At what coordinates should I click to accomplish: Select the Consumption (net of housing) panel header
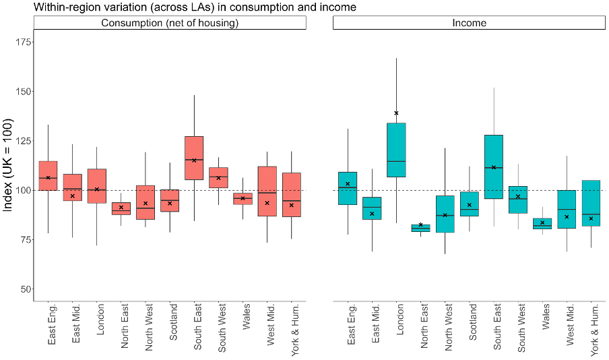pyautogui.click(x=170, y=23)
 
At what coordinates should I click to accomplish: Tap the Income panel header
pyautogui.click(x=469, y=23)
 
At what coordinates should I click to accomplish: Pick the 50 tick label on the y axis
pyautogui.click(x=25, y=289)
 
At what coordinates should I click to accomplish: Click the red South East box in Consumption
pyautogui.click(x=194, y=158)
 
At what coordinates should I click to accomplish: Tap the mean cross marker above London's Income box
pyautogui.click(x=396, y=113)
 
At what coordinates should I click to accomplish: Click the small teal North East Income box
pyautogui.click(x=420, y=228)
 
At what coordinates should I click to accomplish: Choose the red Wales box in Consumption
pyautogui.click(x=243, y=198)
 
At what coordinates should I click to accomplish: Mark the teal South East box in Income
pyautogui.click(x=494, y=167)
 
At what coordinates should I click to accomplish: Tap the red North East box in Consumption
pyautogui.click(x=121, y=208)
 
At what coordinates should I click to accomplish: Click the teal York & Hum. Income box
pyautogui.click(x=591, y=203)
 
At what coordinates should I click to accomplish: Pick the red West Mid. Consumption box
pyautogui.click(x=267, y=191)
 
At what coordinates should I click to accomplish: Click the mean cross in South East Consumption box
pyautogui.click(x=194, y=160)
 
